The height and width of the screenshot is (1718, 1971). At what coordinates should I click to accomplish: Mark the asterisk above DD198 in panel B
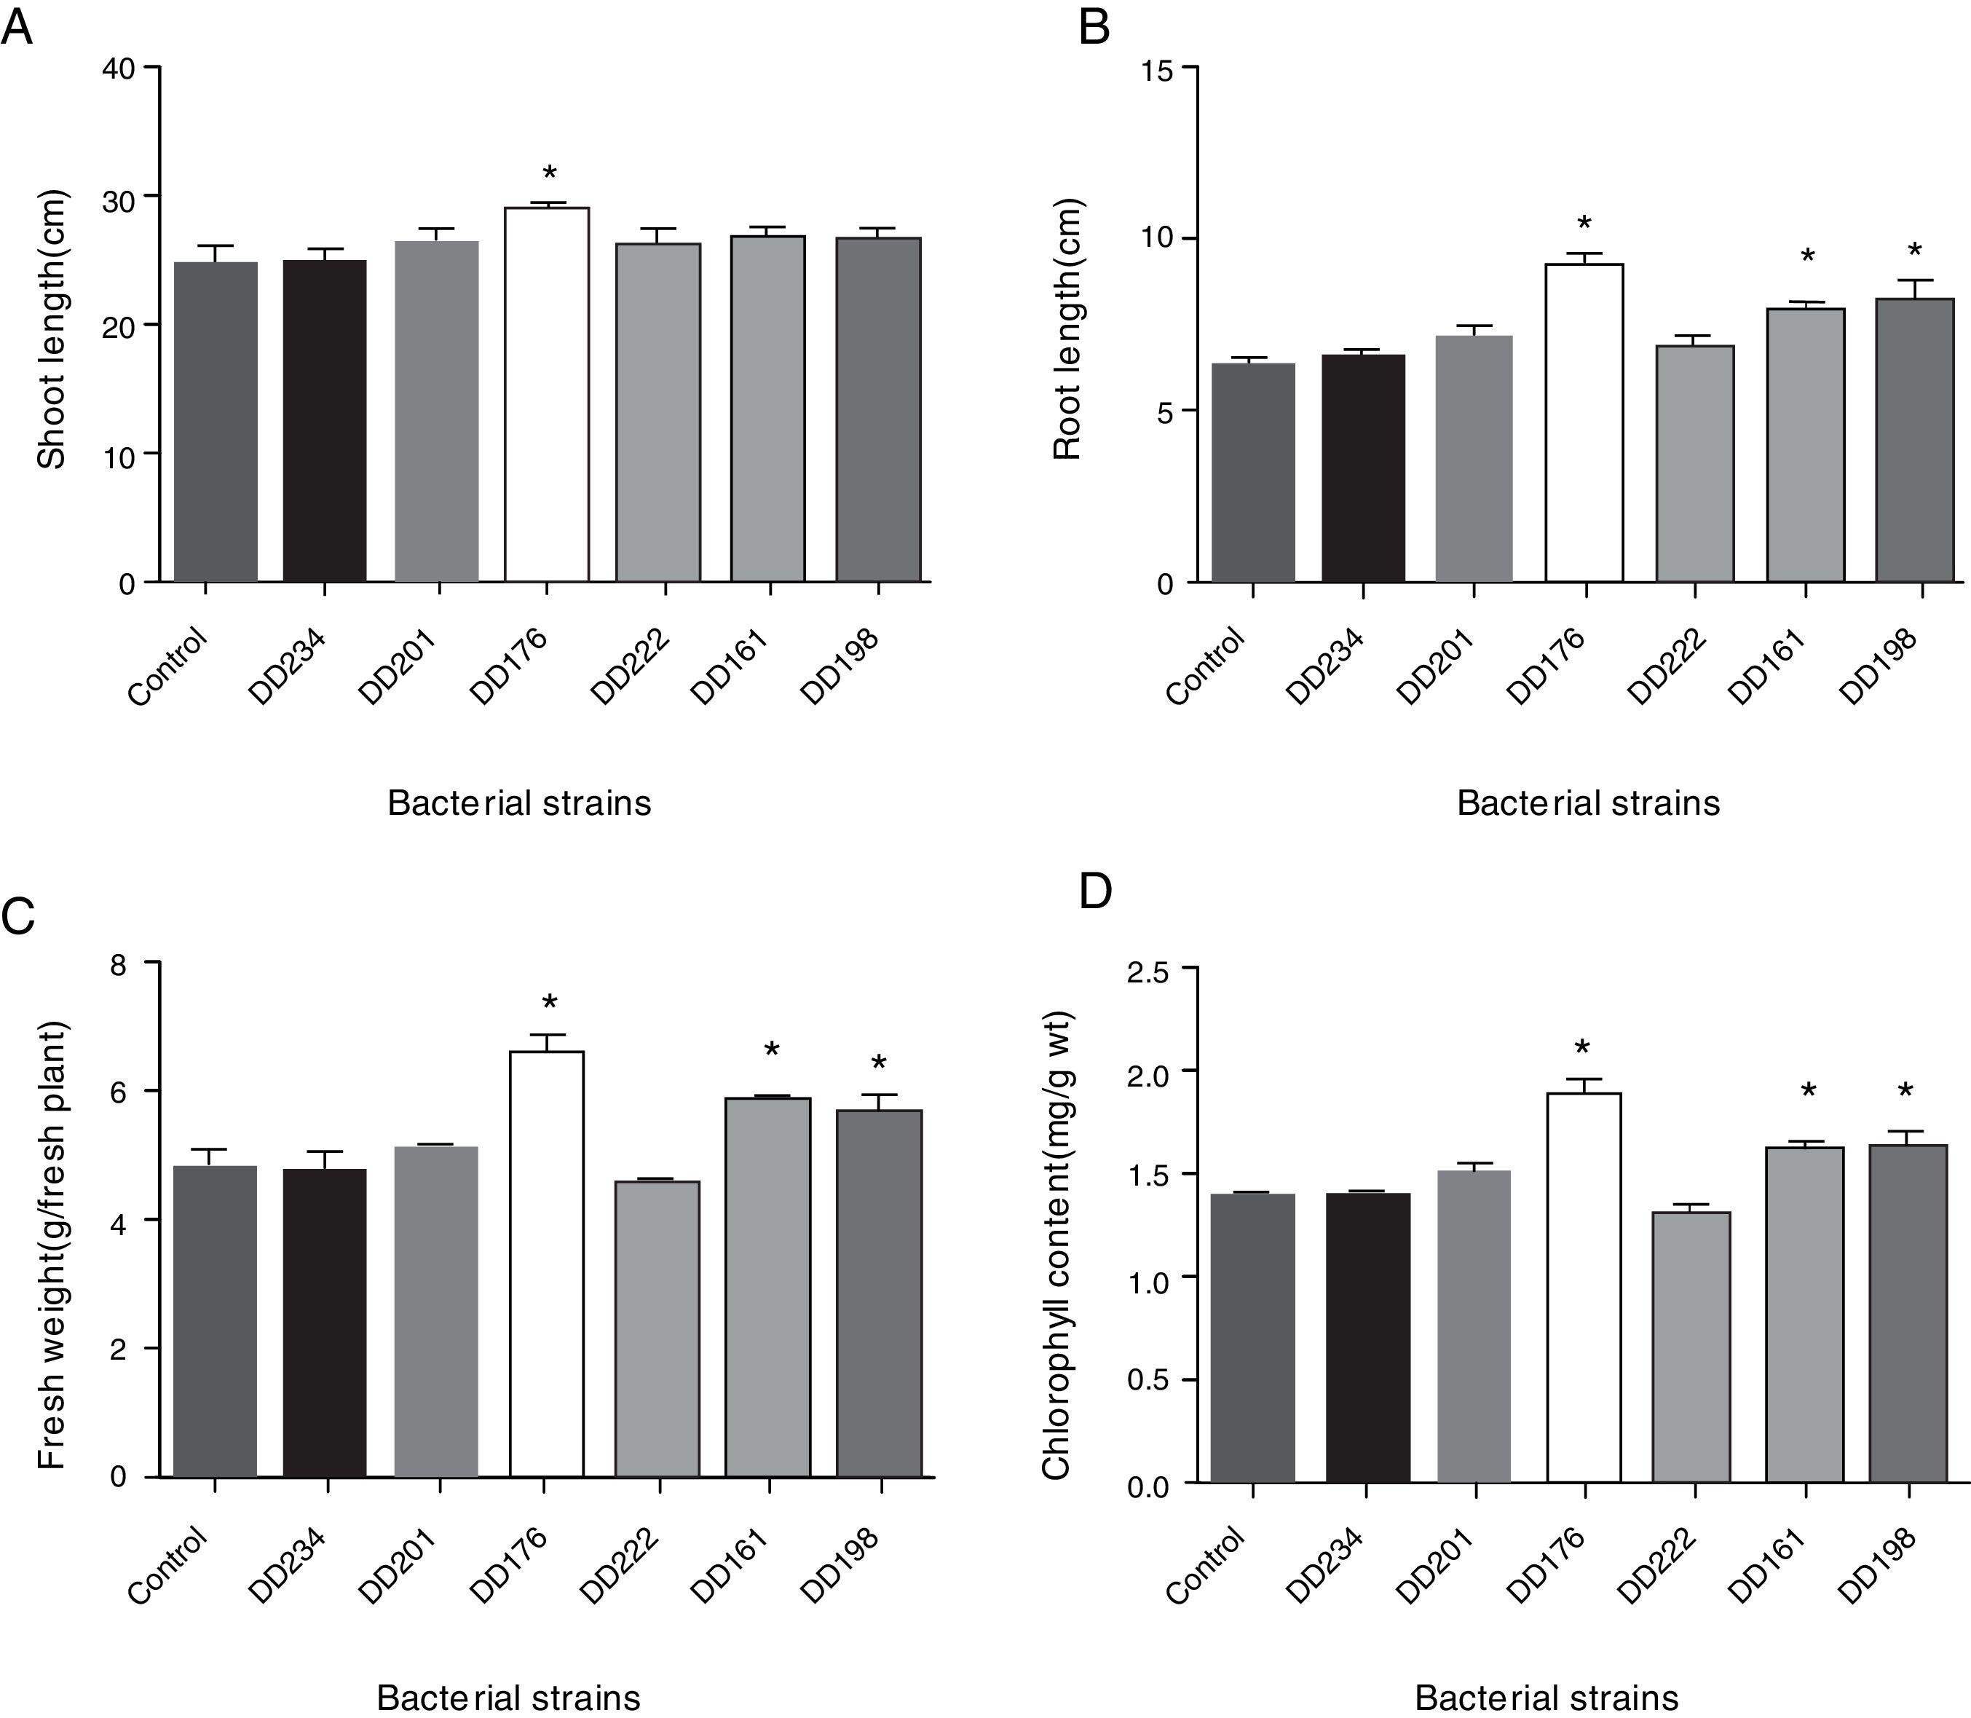pos(1914,251)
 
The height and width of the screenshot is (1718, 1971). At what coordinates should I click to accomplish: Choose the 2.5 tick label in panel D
pos(1148,970)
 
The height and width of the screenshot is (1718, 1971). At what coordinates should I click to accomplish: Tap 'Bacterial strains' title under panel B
pos(1587,803)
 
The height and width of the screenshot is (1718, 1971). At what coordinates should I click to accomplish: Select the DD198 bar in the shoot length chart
pos(878,409)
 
